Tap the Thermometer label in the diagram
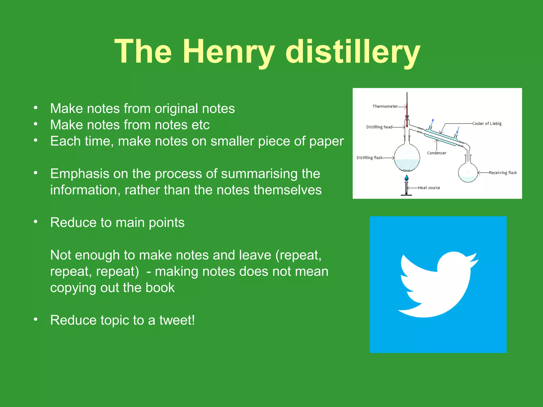point(385,107)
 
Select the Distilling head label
point(379,127)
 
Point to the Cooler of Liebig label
point(487,123)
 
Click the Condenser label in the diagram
point(436,153)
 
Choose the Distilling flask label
point(370,158)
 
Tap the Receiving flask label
point(503,173)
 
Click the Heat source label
point(429,188)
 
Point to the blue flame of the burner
point(406,178)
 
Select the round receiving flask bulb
point(468,173)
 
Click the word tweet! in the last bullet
point(177,320)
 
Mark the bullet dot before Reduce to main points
point(36,222)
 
